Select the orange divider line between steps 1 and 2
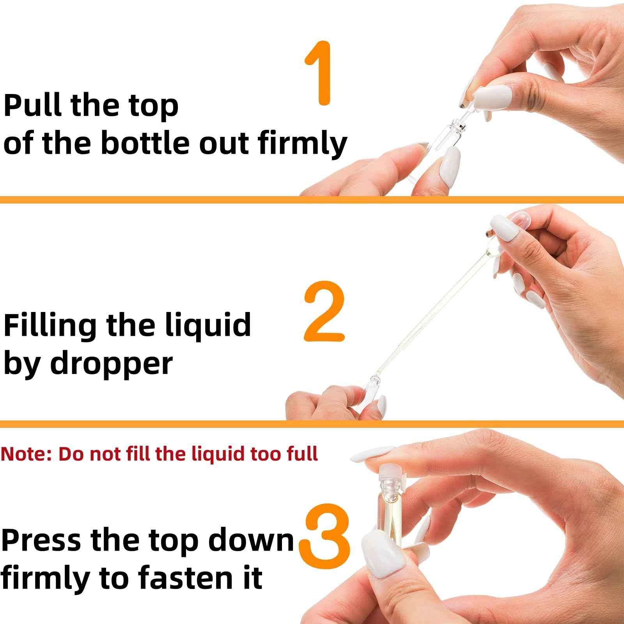312,200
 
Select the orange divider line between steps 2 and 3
312,424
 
